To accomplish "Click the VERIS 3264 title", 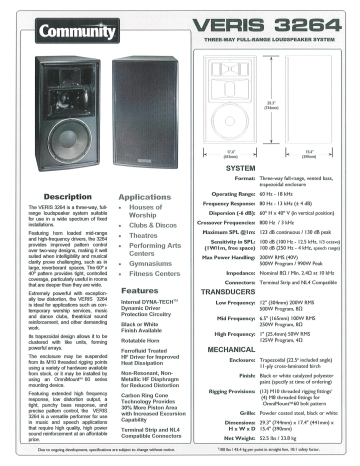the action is click(276, 21).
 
